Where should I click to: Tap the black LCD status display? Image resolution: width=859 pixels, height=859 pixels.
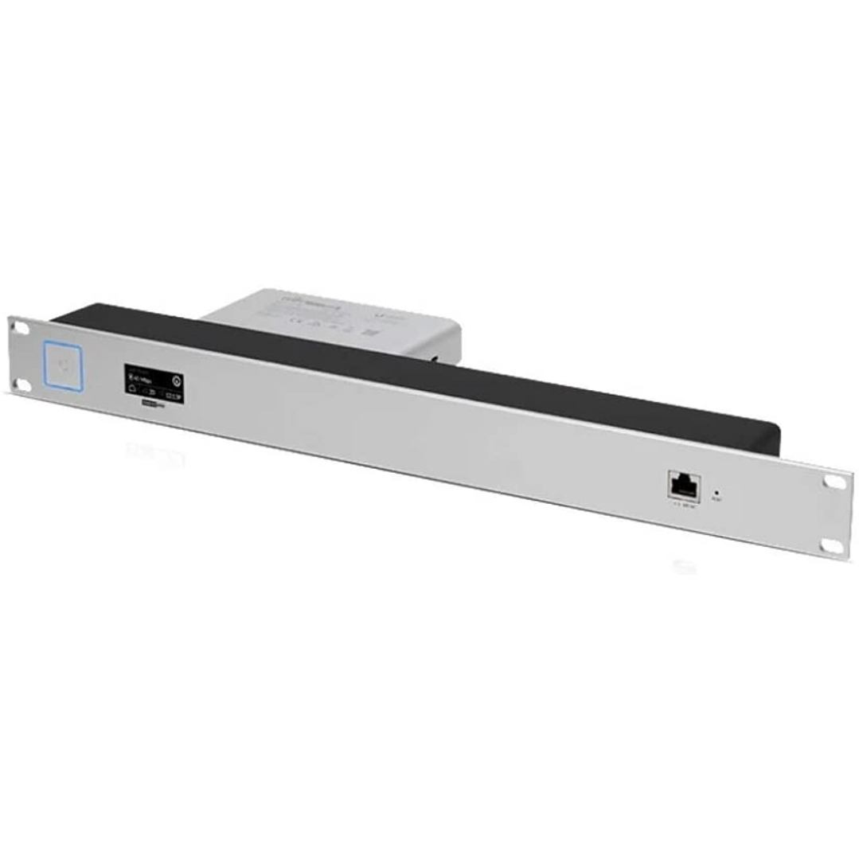click(152, 382)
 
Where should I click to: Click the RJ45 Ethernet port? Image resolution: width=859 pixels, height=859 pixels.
click(683, 484)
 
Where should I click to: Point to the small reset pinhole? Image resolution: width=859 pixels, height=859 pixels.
click(715, 491)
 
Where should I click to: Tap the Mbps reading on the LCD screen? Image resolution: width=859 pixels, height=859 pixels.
click(146, 379)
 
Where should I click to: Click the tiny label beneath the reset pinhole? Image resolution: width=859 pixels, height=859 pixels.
click(716, 500)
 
